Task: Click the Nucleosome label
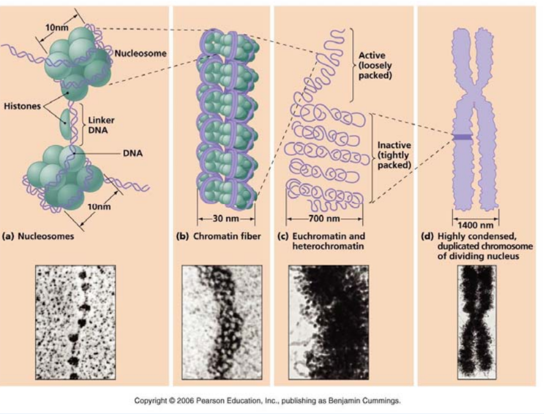click(140, 53)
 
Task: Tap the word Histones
click(22, 106)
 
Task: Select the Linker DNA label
click(101, 125)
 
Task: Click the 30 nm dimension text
click(226, 218)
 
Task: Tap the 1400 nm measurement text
click(475, 225)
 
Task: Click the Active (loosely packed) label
click(375, 65)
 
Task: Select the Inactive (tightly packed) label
click(394, 155)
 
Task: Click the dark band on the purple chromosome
click(462, 137)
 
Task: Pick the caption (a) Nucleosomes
click(38, 236)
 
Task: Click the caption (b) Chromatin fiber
click(218, 236)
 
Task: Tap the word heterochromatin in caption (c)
click(328, 246)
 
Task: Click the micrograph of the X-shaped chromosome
click(477, 322)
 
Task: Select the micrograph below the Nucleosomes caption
click(75, 322)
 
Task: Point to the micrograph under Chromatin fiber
click(222, 322)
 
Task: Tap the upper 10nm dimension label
click(57, 27)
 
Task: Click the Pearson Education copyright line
click(267, 400)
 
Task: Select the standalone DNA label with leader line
click(133, 153)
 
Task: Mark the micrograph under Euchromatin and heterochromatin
click(328, 322)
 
